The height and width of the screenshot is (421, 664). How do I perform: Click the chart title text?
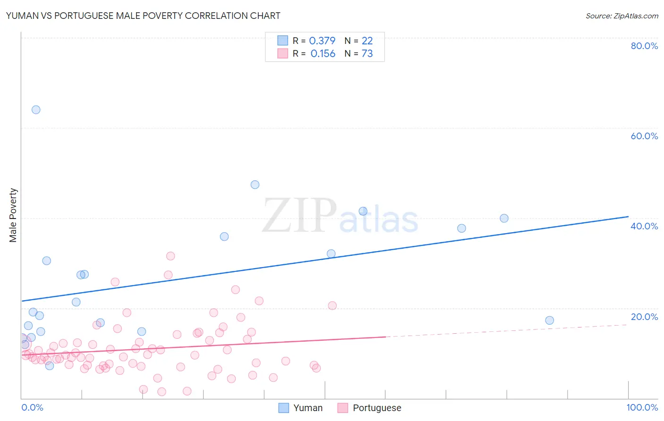[143, 16]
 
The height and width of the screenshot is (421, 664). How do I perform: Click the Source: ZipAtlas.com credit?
[621, 16]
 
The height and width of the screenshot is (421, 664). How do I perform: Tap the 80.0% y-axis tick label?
[644, 46]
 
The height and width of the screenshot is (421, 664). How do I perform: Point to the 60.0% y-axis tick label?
[644, 136]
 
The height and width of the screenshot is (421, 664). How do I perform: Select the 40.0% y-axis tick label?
[644, 226]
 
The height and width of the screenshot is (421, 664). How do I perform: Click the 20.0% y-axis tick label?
[644, 317]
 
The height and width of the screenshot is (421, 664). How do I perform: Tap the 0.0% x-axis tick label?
[32, 407]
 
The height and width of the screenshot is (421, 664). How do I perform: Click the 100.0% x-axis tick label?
[642, 407]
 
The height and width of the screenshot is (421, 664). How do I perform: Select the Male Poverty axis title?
[13, 215]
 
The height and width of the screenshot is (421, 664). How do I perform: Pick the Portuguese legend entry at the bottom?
[369, 408]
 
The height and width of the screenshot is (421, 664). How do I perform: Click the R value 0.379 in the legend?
[322, 41]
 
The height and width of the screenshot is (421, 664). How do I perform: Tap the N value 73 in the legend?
[367, 53]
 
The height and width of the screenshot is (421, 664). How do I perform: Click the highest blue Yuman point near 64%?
[36, 110]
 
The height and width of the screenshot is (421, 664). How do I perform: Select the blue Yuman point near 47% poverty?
[255, 185]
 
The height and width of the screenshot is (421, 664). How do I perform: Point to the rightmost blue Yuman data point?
[549, 320]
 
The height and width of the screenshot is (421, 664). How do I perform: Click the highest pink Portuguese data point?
[170, 256]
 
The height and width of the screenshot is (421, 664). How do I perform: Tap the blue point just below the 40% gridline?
[504, 218]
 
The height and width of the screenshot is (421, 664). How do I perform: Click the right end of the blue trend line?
[628, 217]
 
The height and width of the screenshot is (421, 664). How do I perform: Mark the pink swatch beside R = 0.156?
[282, 53]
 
